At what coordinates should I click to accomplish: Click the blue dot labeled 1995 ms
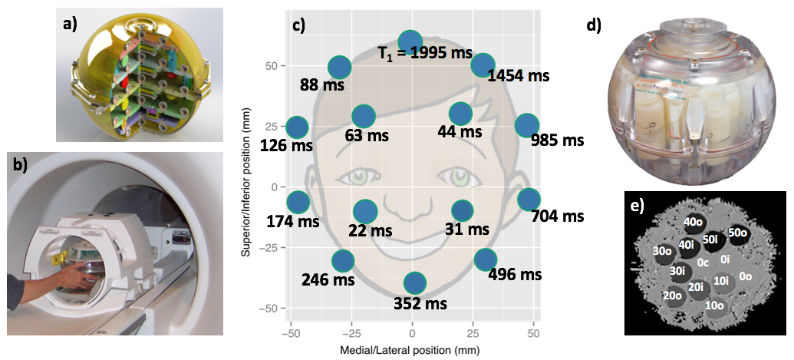point(410,41)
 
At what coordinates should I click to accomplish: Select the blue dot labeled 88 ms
point(340,68)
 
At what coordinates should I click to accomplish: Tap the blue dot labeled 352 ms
point(414,282)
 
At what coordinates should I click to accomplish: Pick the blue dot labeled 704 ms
point(528,200)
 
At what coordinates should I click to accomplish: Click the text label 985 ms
point(557,140)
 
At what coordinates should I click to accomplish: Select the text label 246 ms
point(328,279)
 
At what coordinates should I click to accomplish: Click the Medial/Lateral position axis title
point(413,350)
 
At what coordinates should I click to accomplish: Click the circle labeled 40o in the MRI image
point(694,222)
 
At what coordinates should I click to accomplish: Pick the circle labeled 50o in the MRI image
point(739,232)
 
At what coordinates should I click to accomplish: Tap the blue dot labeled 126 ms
point(297,127)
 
